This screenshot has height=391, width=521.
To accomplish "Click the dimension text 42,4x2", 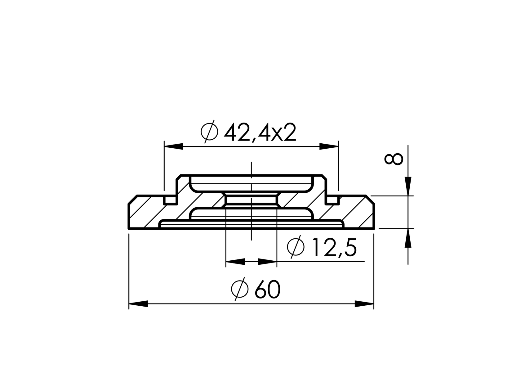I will tap(259, 133).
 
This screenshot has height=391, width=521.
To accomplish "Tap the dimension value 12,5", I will tap(334, 248).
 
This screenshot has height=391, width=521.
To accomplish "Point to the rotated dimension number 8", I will tap(393, 159).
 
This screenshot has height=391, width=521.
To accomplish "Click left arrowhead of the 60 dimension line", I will tap(138, 304).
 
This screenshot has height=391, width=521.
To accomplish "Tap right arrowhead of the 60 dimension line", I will tap(364, 304).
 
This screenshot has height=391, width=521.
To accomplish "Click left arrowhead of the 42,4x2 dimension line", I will tap(173, 146).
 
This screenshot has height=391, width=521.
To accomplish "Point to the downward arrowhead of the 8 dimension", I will tap(408, 186).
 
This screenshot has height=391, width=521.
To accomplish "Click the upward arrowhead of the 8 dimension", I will tap(408, 238).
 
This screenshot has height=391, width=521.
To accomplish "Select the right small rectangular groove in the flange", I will tap(332, 200).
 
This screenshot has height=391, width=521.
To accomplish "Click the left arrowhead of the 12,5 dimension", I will tap(235, 262).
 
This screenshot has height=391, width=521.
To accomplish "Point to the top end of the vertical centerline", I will tap(251, 163).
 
